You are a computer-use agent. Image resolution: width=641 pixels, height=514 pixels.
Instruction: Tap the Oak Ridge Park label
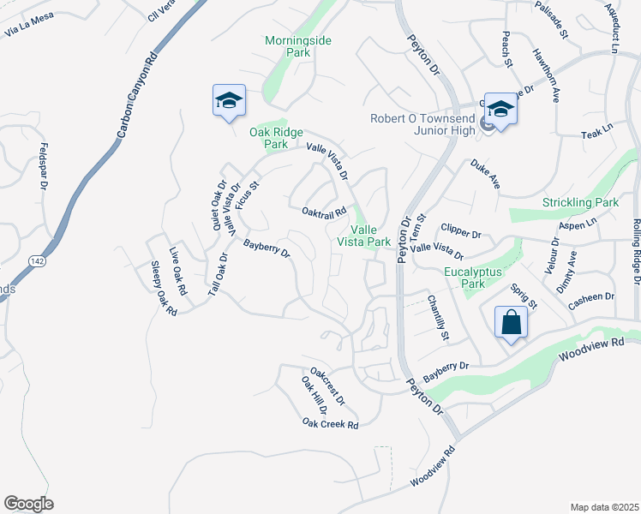coord(268,138)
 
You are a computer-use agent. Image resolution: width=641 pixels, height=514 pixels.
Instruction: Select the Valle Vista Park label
coord(370,236)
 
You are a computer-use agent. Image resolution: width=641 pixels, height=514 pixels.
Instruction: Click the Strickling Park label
coord(580,203)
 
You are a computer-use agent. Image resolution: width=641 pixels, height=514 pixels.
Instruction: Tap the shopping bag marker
coord(510,323)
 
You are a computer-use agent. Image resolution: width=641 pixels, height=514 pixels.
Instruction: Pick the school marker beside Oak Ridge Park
coord(229,101)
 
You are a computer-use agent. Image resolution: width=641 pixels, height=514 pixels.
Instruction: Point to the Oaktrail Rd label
coord(324,211)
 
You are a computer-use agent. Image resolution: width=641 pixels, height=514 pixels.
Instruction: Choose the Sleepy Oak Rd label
coord(163,289)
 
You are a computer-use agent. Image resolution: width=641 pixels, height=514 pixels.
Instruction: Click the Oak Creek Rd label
coord(330,422)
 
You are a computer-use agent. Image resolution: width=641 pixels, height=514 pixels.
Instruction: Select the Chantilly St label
coord(438,318)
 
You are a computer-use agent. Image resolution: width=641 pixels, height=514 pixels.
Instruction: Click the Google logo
coord(28,504)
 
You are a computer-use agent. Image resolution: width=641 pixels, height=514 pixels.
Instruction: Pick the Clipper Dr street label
coord(461,230)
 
